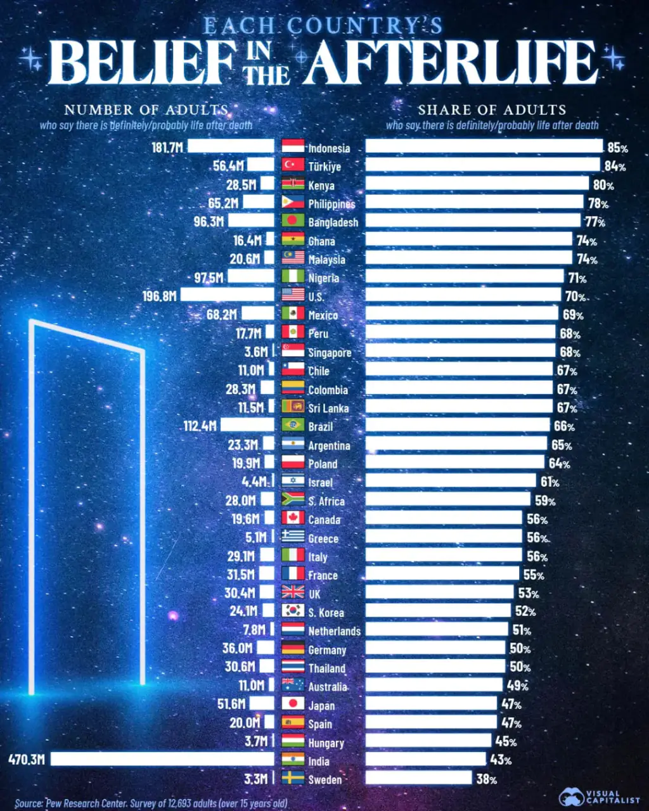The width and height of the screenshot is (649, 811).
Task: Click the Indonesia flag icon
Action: (293, 146)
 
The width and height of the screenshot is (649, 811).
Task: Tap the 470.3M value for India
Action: (27, 759)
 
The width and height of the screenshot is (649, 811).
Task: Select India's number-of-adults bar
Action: (162, 758)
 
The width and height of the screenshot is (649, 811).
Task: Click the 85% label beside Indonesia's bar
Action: (617, 148)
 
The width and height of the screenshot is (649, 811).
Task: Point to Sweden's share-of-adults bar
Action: (418, 777)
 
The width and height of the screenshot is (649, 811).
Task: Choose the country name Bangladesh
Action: (333, 222)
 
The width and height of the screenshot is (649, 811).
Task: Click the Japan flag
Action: (293, 703)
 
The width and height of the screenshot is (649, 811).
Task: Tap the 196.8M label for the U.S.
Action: (160, 296)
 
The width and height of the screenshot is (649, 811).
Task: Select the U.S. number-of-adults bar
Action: (227, 295)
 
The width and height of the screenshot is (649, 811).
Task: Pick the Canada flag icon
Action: (293, 518)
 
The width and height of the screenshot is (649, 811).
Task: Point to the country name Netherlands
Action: (334, 631)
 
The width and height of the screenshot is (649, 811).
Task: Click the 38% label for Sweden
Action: (487, 779)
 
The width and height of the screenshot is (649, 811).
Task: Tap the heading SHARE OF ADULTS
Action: (492, 110)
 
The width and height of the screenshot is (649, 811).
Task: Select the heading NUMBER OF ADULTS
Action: (146, 110)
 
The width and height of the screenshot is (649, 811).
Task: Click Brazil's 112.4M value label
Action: (200, 426)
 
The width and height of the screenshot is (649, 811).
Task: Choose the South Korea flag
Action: (293, 611)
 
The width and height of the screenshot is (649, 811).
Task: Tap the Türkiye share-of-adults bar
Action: (482, 165)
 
